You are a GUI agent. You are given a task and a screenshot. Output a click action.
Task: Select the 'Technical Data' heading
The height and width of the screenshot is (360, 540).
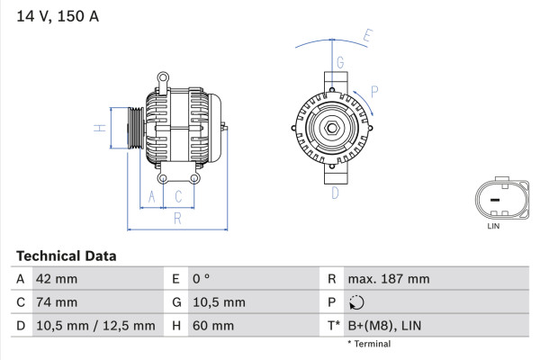[x=66, y=256]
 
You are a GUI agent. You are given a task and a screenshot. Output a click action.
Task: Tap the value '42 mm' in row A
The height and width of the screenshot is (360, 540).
[x=56, y=279]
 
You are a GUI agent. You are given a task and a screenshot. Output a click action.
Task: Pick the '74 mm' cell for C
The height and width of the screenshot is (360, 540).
[x=56, y=302]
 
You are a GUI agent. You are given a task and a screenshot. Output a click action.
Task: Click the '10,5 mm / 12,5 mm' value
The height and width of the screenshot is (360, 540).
[x=94, y=326]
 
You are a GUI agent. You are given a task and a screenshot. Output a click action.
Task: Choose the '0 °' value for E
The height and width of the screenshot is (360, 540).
[x=200, y=279]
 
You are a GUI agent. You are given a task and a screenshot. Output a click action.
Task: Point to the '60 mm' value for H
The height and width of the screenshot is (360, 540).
[x=213, y=326]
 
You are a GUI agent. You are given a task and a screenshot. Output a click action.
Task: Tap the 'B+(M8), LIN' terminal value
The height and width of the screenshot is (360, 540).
[x=383, y=326]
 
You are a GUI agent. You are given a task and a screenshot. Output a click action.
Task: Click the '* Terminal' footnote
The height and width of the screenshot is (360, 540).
[x=369, y=344]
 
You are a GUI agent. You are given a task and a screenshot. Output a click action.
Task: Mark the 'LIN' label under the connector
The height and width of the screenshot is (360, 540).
[x=492, y=226]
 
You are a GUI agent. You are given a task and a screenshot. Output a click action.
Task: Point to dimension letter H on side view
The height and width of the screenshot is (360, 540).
[x=101, y=128]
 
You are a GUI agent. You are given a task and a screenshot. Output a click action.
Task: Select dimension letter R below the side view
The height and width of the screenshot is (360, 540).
[x=177, y=218]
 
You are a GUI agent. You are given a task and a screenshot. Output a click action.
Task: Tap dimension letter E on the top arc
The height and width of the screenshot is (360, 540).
[x=367, y=37]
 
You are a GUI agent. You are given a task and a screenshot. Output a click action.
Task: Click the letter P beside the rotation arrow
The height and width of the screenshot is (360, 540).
[x=373, y=90]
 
